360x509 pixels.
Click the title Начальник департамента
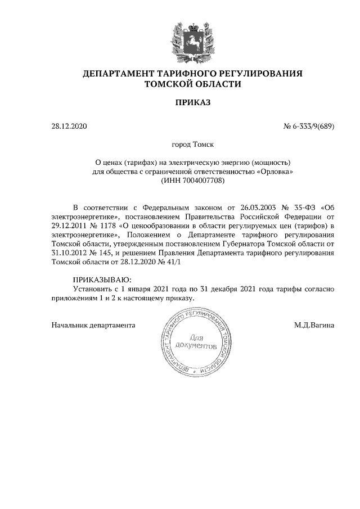pyautogui.click(x=93, y=325)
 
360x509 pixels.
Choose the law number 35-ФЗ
pyautogui.click(x=304, y=207)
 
